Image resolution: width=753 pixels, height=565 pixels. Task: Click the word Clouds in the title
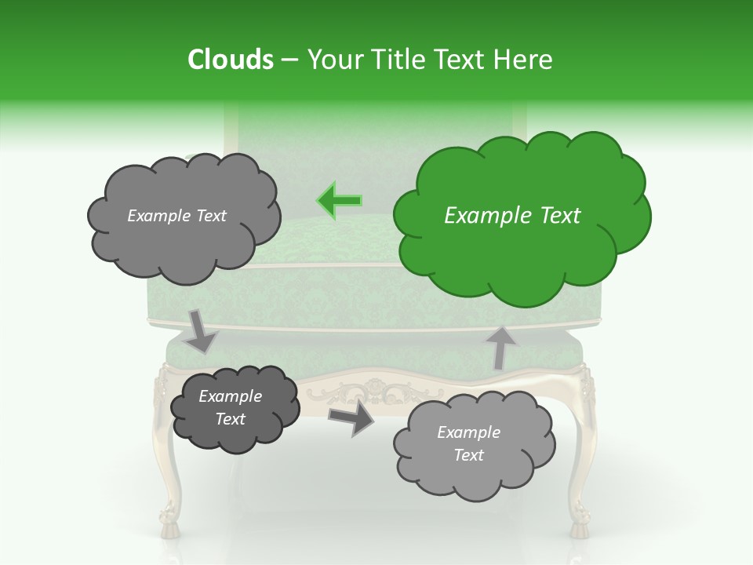coord(231,60)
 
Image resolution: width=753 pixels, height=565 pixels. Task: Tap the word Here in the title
coord(525,60)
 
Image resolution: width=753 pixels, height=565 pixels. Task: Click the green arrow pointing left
coord(340,200)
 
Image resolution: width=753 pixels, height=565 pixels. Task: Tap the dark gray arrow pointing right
coord(352,417)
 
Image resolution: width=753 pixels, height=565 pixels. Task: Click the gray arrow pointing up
coord(500,346)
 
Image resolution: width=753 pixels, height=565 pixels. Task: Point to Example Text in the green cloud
coord(512,216)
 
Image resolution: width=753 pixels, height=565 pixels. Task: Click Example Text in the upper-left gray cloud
coord(176,216)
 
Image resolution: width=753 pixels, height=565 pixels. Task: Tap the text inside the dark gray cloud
coord(230,407)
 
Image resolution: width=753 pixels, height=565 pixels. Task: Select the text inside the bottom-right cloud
coord(468,443)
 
